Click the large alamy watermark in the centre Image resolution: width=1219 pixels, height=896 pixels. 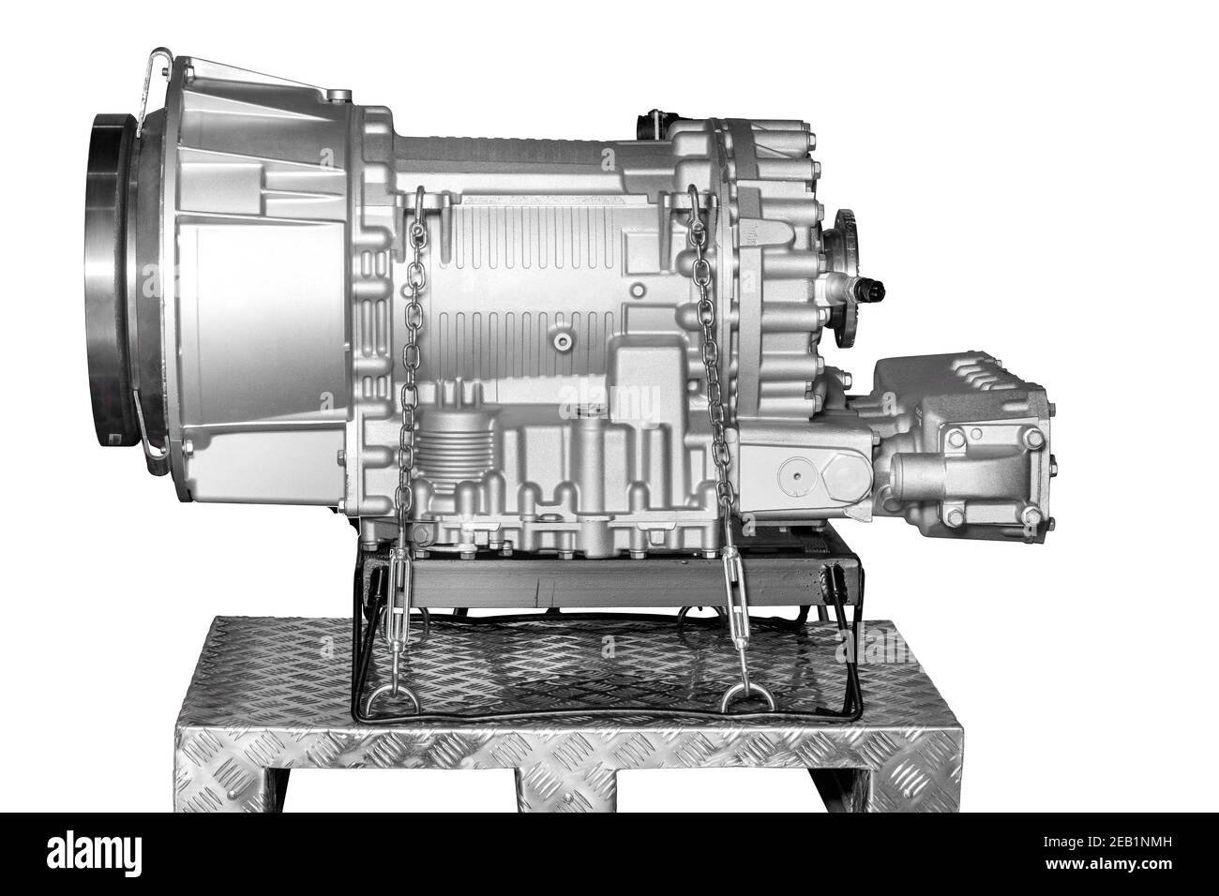(x=609, y=403)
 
